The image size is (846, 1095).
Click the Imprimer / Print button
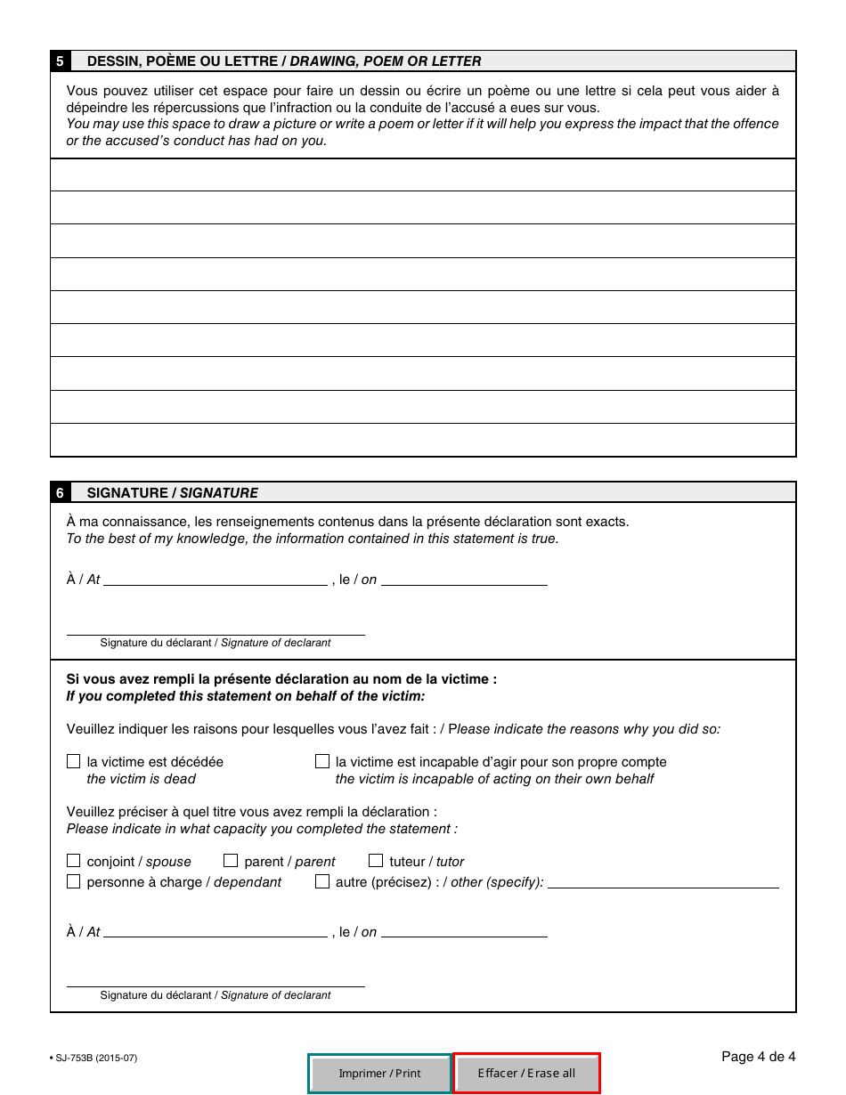pos(380,1073)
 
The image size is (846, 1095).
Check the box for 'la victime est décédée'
pos(73,762)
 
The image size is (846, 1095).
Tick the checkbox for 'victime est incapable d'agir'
pos(321,762)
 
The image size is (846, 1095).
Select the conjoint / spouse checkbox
pos(73,861)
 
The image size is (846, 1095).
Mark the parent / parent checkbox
pos(231,861)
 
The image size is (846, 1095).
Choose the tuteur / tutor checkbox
pos(375,861)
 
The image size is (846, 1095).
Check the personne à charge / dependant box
pos(73,881)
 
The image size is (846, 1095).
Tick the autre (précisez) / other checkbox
pos(321,881)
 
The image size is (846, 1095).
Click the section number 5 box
pos(60,61)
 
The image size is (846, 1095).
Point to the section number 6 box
pos(60,492)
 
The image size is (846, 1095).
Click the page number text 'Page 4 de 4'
pos(758,1057)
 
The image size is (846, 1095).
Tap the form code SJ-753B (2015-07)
pos(95,1058)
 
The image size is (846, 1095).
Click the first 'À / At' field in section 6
pos(215,579)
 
